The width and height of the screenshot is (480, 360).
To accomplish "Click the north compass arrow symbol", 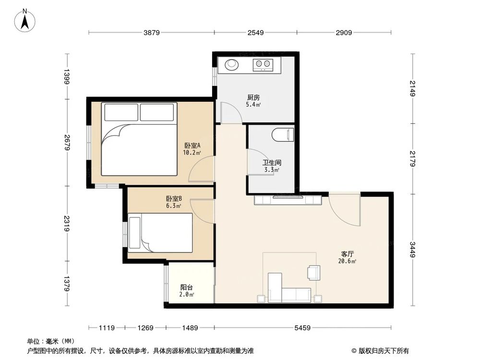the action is [x=25, y=21].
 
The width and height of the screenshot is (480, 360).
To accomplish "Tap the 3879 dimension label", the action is [x=152, y=33].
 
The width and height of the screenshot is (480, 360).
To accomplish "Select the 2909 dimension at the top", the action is [x=344, y=33].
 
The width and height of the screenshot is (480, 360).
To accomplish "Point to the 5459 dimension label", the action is [x=302, y=328].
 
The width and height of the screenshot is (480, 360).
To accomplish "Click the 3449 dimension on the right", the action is [x=413, y=250].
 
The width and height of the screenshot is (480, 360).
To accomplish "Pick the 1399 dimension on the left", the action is [x=67, y=76].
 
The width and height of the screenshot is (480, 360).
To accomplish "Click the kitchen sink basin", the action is [x=231, y=64].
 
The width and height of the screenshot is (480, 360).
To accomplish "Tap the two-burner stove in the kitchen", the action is [x=263, y=64].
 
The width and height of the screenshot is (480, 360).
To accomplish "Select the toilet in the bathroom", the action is [x=283, y=135].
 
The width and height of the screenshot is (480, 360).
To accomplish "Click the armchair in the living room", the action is [x=314, y=273].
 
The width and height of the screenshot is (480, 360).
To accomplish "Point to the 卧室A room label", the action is [x=192, y=145].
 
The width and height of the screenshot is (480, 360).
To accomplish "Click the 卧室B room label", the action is [x=174, y=199].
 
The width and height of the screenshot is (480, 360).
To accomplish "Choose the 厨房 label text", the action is [x=253, y=97].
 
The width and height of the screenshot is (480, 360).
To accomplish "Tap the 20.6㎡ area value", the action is [x=347, y=261].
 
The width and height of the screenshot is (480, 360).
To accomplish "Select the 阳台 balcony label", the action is [x=186, y=288].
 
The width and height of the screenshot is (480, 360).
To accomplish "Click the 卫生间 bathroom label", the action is [x=272, y=163].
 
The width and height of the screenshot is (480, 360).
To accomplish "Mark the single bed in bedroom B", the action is [x=160, y=233].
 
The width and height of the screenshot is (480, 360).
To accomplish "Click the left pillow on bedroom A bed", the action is [x=121, y=112].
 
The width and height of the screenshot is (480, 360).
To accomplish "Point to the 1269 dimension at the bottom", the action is [x=145, y=328].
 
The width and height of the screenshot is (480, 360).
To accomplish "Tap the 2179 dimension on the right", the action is [x=413, y=158].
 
